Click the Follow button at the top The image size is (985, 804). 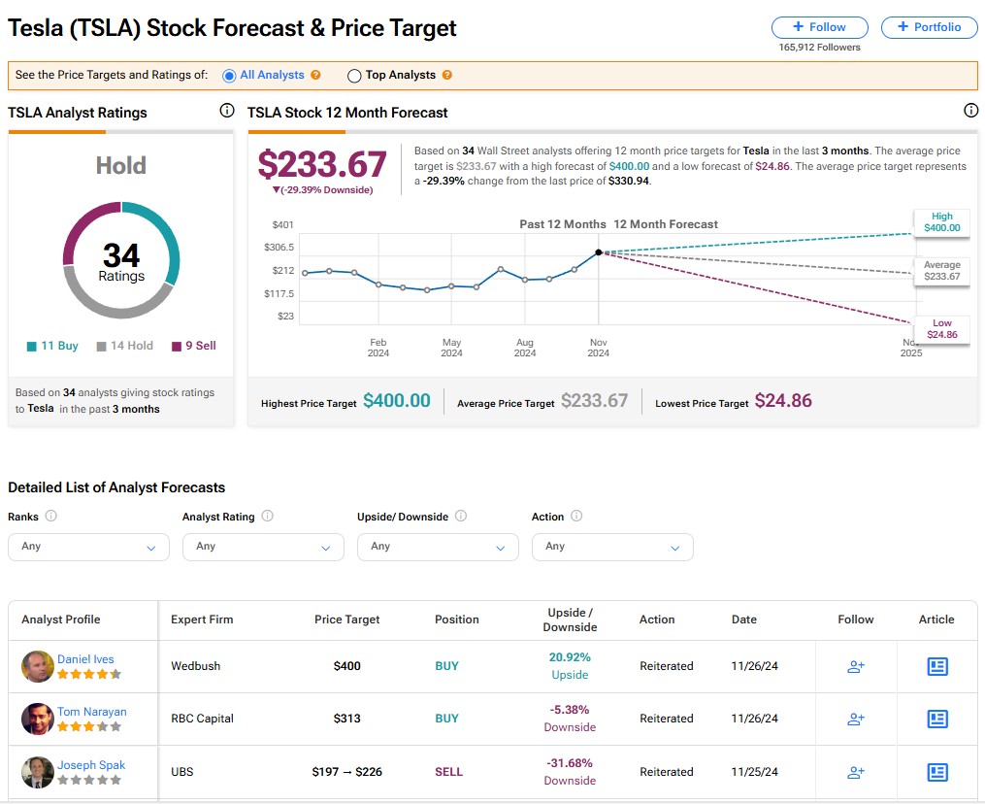[819, 27]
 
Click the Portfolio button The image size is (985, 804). [929, 27]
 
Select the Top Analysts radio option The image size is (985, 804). [354, 76]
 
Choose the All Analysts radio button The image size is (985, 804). [229, 76]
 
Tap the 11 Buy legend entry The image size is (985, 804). [53, 346]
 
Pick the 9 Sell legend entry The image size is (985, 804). [194, 346]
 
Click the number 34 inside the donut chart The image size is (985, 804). [121, 255]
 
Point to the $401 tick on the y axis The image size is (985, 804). [283, 225]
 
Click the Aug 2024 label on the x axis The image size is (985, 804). [525, 348]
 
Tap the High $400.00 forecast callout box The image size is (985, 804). [941, 222]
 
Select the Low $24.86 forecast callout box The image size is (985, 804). [941, 329]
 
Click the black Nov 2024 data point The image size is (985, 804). [599, 252]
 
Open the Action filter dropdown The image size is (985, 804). [612, 547]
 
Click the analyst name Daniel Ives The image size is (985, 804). [85, 659]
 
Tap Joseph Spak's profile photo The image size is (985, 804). [37, 772]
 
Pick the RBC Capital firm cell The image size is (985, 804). [202, 719]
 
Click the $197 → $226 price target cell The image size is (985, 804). [347, 772]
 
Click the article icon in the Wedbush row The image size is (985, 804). [937, 666]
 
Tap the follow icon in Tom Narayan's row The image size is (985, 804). [856, 720]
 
